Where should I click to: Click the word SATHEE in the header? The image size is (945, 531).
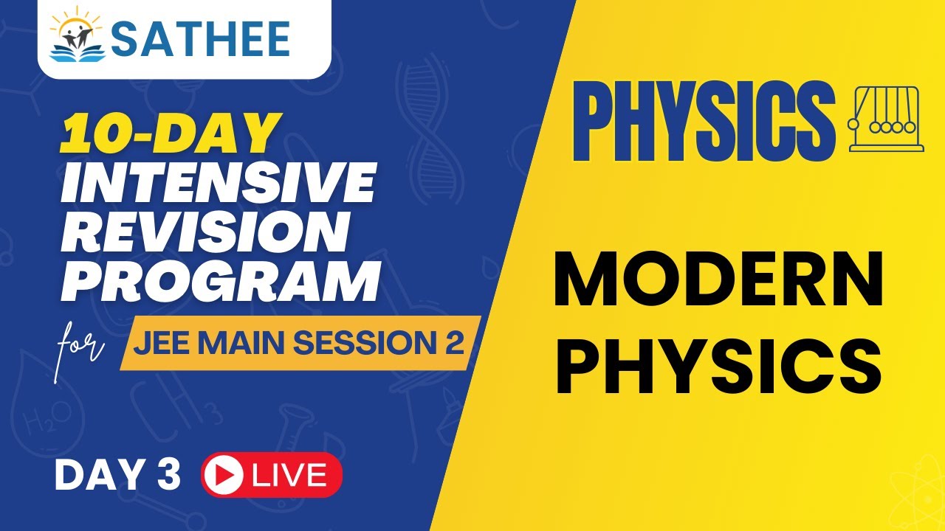(201, 38)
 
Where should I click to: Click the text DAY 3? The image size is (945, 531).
(117, 476)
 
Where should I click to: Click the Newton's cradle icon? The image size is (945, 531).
(887, 119)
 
